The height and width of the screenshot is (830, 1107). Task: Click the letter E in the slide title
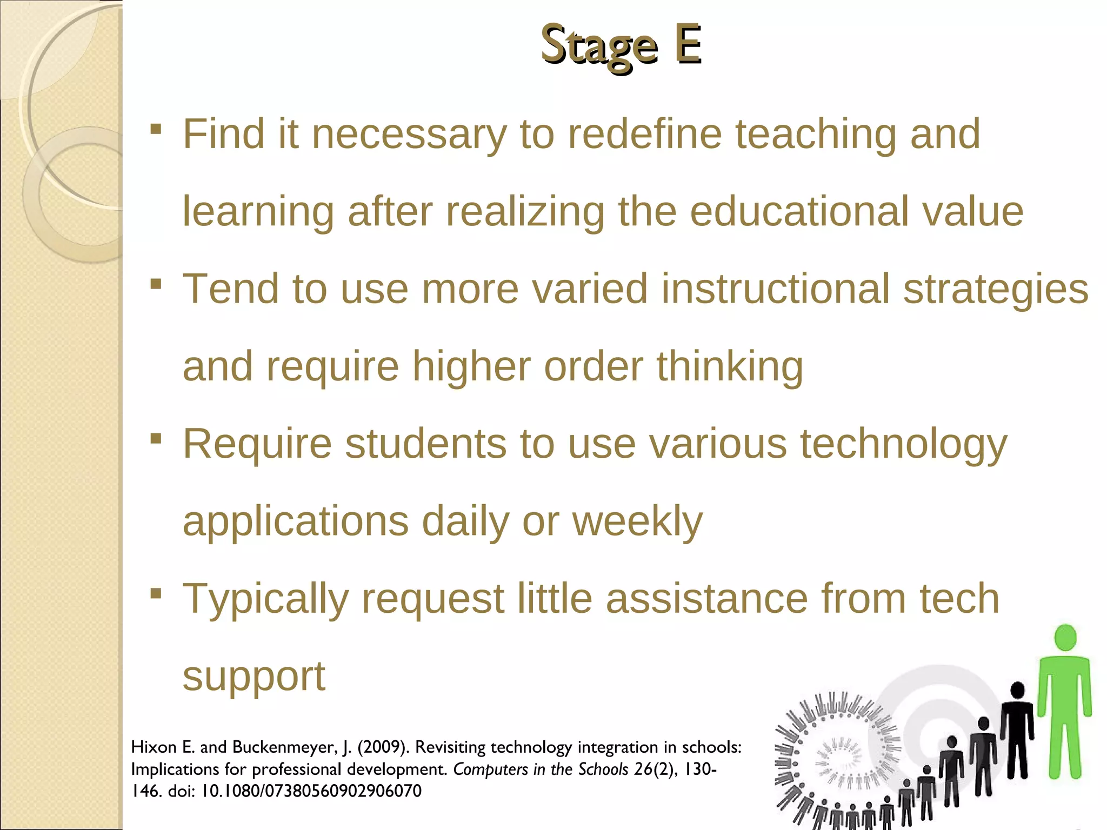point(687,44)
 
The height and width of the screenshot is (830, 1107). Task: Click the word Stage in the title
point(599,46)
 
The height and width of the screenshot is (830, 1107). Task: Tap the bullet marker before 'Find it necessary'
point(156,129)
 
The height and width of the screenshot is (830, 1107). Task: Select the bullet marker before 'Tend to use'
point(156,284)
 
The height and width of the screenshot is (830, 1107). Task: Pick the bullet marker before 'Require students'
point(156,438)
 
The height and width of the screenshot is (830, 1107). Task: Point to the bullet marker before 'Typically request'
point(156,593)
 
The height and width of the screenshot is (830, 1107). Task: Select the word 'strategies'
point(996,289)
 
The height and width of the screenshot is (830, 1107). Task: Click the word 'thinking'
point(730,367)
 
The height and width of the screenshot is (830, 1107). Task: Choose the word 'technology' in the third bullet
point(903,445)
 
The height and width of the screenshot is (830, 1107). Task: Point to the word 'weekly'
point(637,521)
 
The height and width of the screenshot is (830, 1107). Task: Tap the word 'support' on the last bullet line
point(254,677)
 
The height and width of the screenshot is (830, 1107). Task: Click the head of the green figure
point(1065,638)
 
